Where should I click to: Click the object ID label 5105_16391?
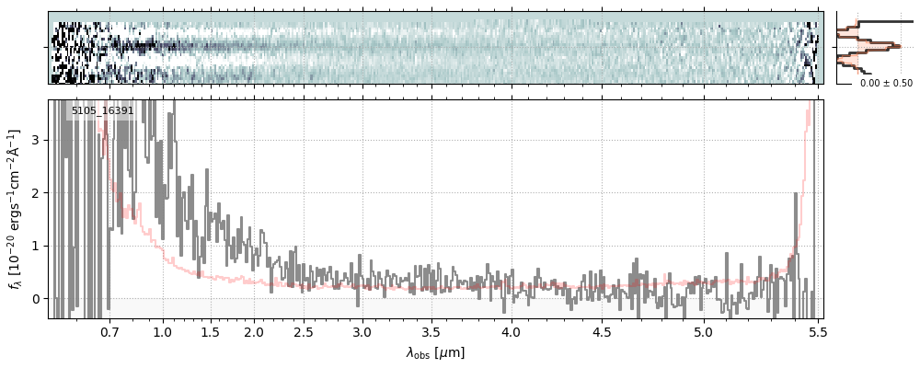[103, 110]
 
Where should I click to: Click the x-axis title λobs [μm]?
[435, 352]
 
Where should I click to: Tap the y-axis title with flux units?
[14, 209]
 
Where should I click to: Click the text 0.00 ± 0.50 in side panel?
[886, 83]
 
